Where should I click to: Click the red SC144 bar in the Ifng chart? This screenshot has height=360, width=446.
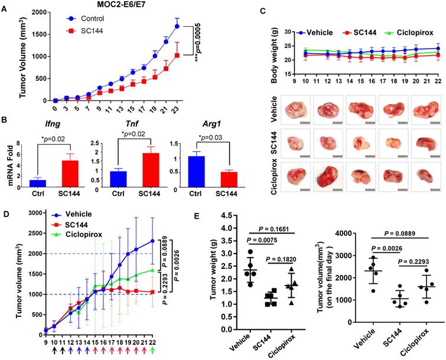[x=70, y=174]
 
